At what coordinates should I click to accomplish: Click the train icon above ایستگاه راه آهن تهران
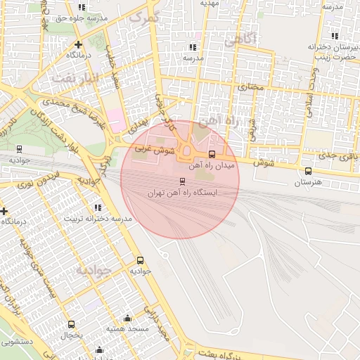coord(183,181)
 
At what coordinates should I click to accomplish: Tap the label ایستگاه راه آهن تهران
coord(183,192)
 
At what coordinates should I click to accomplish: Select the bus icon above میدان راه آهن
coord(212,155)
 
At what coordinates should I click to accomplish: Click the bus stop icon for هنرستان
coord(308,171)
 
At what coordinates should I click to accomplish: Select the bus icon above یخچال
coord(71,324)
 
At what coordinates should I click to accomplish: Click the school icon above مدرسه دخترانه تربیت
coord(97,207)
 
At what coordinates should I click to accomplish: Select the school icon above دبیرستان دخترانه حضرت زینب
coord(334,35)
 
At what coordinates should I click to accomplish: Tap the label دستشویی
coord(15,343)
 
